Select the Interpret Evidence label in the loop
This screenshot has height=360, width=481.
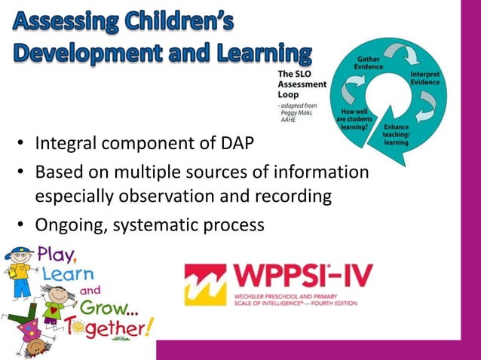(x=425, y=79)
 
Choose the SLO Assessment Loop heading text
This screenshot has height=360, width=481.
(x=302, y=84)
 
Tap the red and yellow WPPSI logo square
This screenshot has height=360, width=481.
(x=204, y=284)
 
